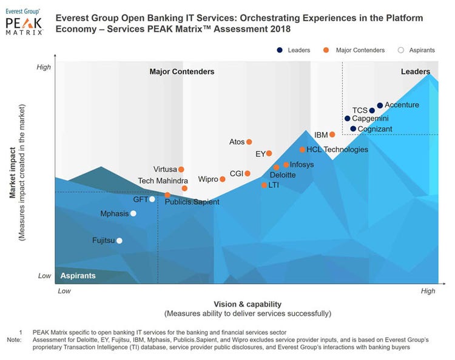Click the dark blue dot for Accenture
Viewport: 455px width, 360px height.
pos(380,105)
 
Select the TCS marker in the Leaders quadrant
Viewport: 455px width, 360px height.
pos(372,111)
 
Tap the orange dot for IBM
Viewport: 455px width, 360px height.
pos(332,135)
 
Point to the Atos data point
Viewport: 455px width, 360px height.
pos(249,142)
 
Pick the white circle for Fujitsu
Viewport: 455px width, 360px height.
pos(119,241)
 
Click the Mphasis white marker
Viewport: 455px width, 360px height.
pos(133,213)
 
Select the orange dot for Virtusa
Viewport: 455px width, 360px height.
pos(181,170)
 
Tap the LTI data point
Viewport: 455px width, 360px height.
pos(264,185)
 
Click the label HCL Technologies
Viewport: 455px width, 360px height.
pos(337,150)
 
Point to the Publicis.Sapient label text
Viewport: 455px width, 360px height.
pos(192,202)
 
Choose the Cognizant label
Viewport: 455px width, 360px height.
pos(375,129)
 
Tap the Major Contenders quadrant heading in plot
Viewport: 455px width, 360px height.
pos(182,72)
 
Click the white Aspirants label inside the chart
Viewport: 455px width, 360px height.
pos(78,276)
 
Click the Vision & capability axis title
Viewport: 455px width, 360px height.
pos(248,304)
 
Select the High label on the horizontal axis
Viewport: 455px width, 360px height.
pos(428,291)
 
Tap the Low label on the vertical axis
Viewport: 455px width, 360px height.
pos(45,276)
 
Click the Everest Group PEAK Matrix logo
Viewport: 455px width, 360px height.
pos(24,22)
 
